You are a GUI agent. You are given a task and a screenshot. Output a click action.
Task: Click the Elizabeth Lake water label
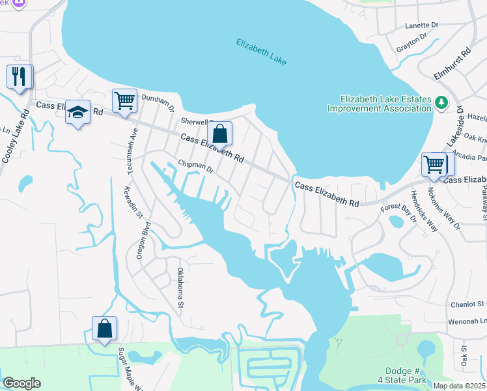(261, 52)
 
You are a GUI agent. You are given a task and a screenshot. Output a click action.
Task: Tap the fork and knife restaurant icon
(19, 77)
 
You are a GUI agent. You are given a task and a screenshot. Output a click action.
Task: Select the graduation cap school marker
(77, 113)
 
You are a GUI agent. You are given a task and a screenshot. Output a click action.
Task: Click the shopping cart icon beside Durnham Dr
(124, 101)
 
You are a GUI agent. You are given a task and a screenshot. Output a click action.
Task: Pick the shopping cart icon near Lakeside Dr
(433, 164)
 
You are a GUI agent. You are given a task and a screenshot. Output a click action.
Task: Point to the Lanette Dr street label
(422, 25)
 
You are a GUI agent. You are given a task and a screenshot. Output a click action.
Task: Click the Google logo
(22, 383)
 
